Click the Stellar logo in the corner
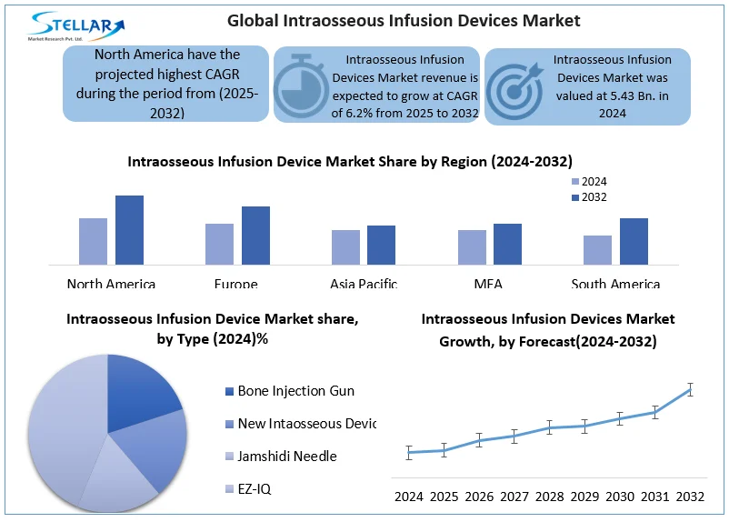[x=77, y=25]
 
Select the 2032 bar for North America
[x=129, y=230]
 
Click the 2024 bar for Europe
[x=219, y=244]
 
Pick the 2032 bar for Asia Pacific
[x=381, y=245]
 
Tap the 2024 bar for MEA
[x=472, y=247]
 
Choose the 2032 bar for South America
[x=634, y=241]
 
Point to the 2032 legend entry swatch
[x=574, y=197]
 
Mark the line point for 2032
[x=690, y=389]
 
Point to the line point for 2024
[x=409, y=452]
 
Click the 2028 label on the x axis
[x=550, y=497]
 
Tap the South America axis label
[x=615, y=285]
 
